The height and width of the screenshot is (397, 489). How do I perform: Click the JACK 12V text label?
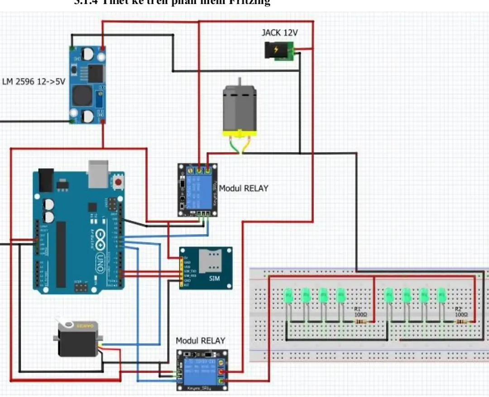click(279, 33)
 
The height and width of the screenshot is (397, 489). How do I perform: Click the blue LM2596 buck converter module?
click(88, 85)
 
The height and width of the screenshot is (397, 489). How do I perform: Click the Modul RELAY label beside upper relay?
click(243, 188)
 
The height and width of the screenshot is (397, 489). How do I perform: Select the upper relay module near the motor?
click(197, 190)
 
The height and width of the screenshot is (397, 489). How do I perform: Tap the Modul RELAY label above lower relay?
click(200, 340)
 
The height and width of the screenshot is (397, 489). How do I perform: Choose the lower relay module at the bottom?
click(202, 369)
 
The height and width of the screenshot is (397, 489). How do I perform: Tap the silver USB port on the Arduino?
click(98, 174)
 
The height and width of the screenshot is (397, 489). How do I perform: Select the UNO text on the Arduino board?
click(101, 262)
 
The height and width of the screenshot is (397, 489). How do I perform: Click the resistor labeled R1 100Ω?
click(361, 322)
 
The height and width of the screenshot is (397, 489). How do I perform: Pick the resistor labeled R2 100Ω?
click(461, 322)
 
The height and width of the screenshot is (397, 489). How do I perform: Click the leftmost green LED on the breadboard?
click(288, 296)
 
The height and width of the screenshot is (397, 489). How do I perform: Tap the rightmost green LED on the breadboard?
click(442, 296)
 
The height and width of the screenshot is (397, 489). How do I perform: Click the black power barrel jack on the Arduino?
click(46, 179)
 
